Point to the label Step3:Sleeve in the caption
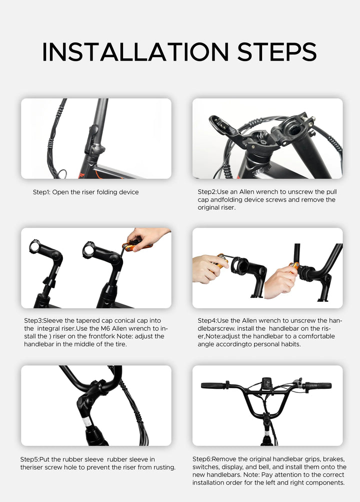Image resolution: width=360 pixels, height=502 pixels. click(x=44, y=320)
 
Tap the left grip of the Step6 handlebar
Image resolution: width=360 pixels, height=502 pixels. click(x=212, y=385)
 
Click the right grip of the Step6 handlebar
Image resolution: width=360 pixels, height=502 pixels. click(x=318, y=386)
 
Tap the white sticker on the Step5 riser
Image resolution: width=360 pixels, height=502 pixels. click(x=87, y=422)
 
